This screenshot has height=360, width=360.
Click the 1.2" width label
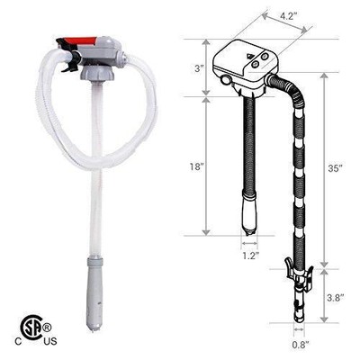(249, 255)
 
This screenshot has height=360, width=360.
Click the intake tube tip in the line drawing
(248, 217)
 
